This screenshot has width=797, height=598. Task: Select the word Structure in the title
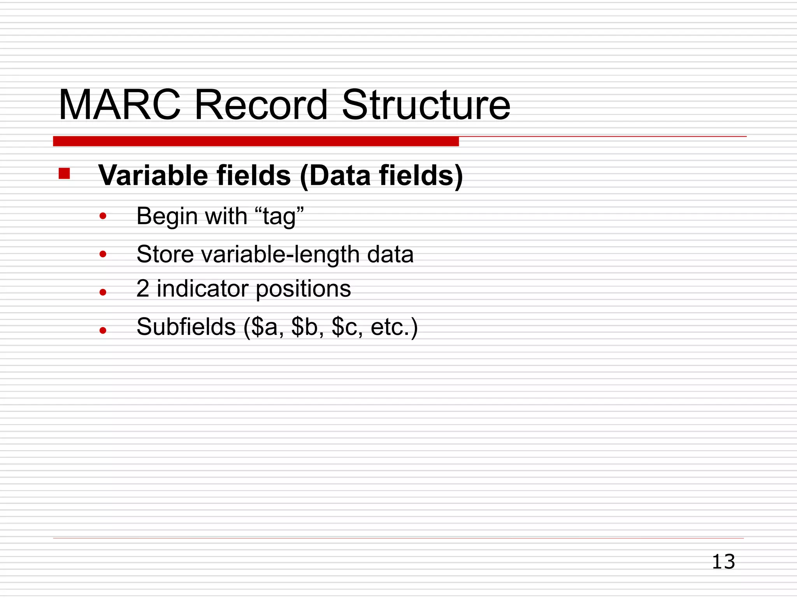(426, 105)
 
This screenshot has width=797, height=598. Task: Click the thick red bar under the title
(256, 141)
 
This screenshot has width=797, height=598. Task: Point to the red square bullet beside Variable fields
(64, 174)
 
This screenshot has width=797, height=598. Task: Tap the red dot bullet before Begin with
(103, 216)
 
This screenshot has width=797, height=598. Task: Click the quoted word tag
(279, 216)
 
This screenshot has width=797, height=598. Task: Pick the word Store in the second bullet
(165, 254)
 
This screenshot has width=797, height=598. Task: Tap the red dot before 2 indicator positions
(103, 292)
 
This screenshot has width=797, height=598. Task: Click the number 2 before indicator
(143, 289)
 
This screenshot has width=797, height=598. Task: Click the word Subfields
(186, 327)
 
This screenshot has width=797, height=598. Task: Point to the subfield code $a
(265, 327)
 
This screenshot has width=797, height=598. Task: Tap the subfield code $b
(305, 327)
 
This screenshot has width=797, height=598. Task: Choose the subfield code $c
(344, 327)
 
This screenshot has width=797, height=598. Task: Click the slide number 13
(723, 562)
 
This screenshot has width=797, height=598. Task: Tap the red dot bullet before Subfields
(103, 331)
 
